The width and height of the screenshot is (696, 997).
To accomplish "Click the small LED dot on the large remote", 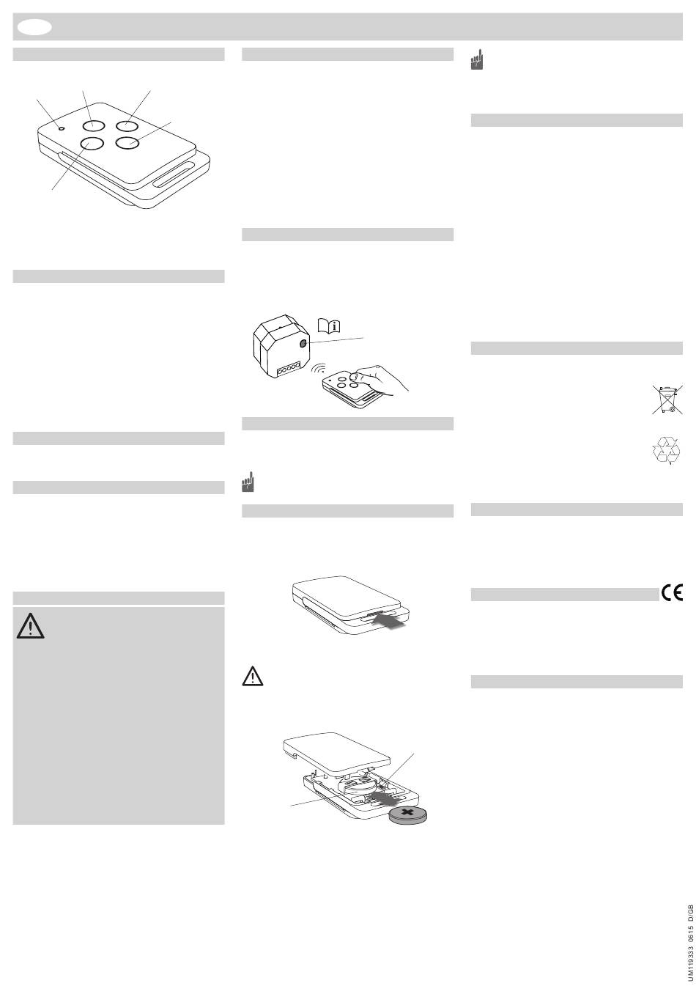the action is click(62, 129).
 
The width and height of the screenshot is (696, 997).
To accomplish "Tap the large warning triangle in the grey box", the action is click(30, 626).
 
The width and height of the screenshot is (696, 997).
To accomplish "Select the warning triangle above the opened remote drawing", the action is click(253, 676).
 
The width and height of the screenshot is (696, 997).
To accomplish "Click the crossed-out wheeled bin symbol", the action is click(667, 400).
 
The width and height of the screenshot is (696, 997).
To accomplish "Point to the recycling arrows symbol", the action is click(666, 450).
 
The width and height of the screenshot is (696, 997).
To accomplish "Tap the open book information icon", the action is click(329, 325).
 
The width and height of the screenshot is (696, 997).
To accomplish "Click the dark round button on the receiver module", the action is click(303, 343).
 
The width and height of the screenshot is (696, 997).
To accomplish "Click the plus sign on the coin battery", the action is click(407, 813).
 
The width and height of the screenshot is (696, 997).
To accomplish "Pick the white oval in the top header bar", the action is click(34, 27).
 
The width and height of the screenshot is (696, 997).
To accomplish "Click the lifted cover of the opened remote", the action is click(337, 752).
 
